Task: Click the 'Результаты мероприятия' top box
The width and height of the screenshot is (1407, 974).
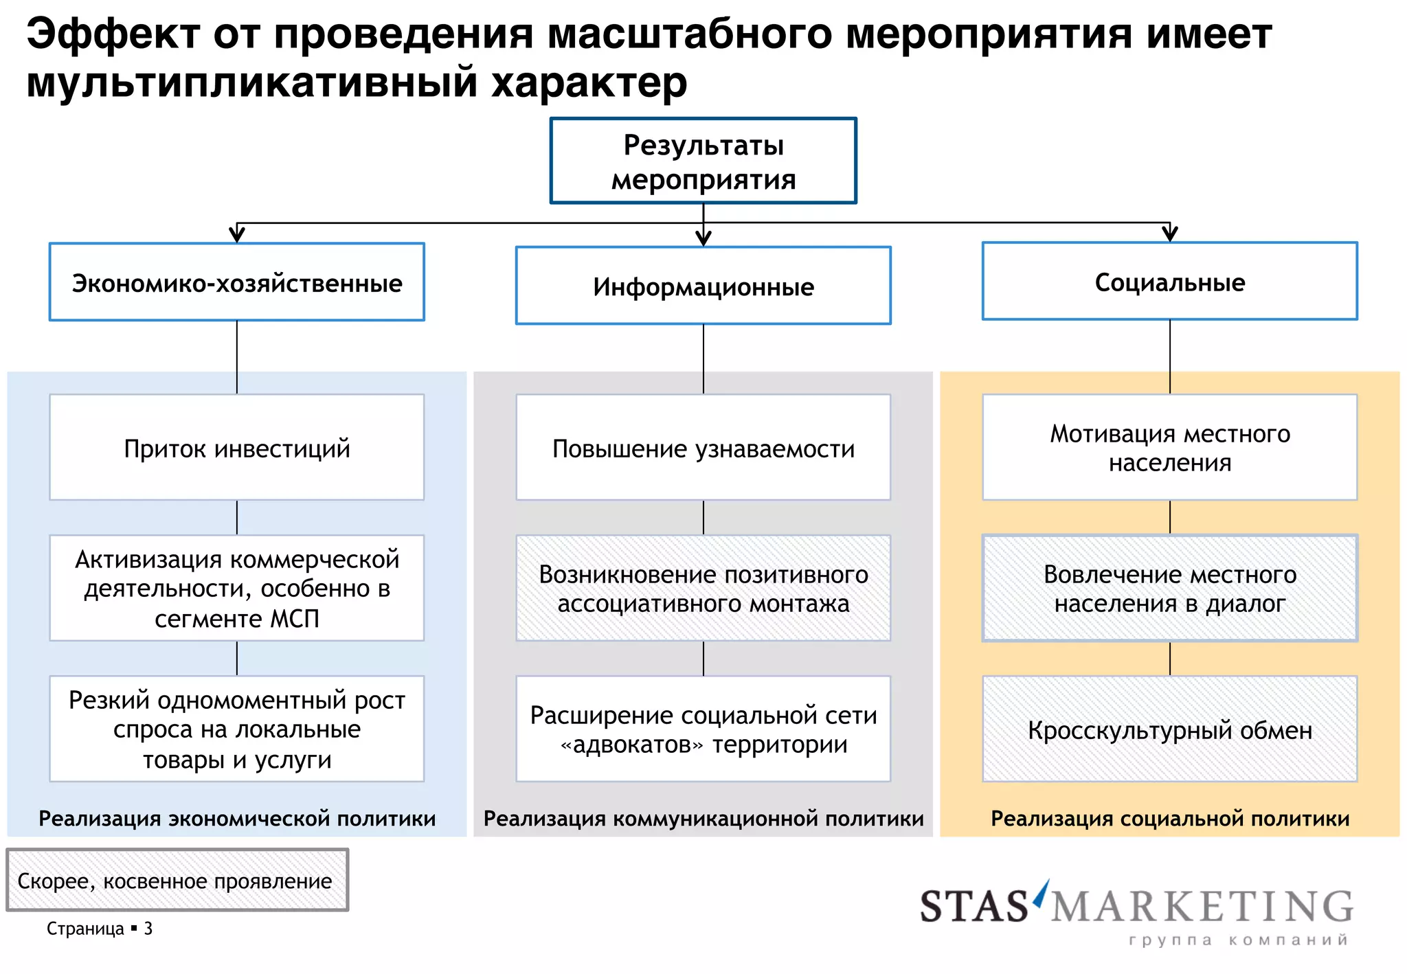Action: (x=703, y=161)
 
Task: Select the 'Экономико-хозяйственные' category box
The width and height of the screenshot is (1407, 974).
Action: (x=236, y=282)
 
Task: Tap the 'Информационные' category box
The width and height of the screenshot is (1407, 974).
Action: (x=703, y=286)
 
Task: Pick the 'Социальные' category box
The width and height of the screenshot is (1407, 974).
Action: (x=1169, y=282)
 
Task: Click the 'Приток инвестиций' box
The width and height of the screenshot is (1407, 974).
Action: (x=236, y=447)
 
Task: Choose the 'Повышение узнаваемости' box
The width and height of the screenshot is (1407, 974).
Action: (x=703, y=447)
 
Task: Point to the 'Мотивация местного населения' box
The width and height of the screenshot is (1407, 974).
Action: (x=1169, y=447)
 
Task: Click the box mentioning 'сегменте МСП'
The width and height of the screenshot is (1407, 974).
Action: (x=236, y=588)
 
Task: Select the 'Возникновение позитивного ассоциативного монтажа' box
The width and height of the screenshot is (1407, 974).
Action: (x=703, y=588)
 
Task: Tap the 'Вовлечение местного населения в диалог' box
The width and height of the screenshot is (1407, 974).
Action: (x=1169, y=588)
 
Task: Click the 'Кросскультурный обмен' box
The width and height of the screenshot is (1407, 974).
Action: (x=1169, y=729)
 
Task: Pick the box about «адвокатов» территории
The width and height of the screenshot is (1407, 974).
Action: (x=703, y=729)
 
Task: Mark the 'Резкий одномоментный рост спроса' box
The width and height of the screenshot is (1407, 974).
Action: (x=236, y=729)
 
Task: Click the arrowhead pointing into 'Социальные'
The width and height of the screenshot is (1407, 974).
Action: (x=1169, y=234)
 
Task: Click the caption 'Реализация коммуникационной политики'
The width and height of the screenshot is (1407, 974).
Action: (x=703, y=818)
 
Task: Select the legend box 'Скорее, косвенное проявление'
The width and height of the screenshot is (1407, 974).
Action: (x=177, y=880)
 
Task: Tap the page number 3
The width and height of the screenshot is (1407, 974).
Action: (x=148, y=929)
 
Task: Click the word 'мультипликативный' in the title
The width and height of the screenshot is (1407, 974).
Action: (x=251, y=82)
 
